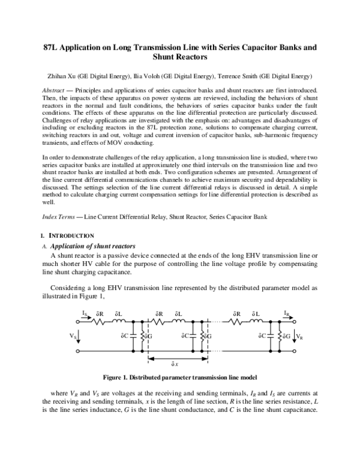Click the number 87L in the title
coord(53,47)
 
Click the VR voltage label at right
coord(298,336)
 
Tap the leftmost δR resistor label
coord(100,313)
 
